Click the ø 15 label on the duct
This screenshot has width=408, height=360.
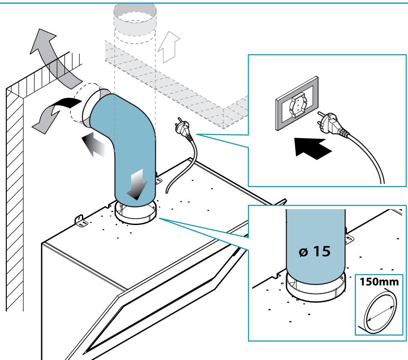click(x=314, y=251)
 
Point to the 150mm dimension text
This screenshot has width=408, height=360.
click(x=379, y=282)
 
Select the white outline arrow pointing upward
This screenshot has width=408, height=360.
click(x=169, y=47)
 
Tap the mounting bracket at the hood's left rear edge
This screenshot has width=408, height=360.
click(x=81, y=221)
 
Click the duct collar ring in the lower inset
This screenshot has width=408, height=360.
click(x=316, y=290)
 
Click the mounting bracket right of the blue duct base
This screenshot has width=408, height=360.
click(x=158, y=180)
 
